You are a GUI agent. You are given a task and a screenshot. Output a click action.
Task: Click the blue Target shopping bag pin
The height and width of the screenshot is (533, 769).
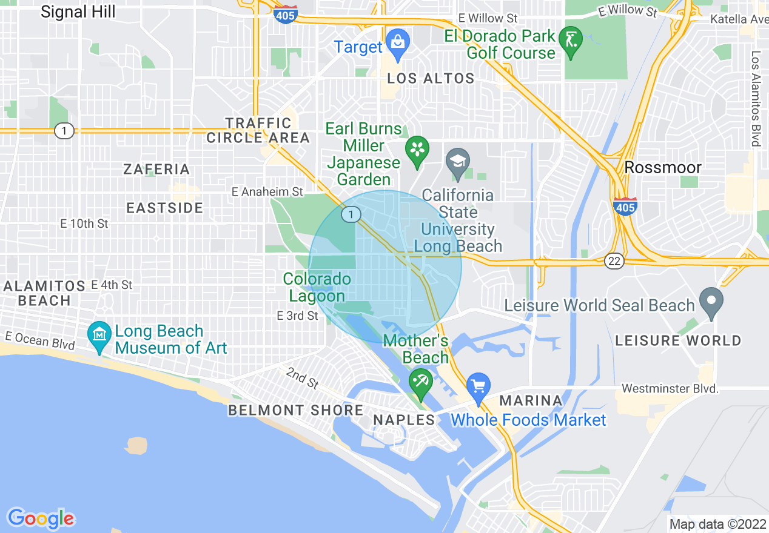[397, 43]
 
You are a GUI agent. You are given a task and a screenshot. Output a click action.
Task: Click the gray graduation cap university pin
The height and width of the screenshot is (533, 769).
[458, 162]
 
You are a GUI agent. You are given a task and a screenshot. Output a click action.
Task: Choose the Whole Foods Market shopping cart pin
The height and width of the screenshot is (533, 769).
[478, 386]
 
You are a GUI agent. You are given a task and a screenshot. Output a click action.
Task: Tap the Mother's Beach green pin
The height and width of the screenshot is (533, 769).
[420, 383]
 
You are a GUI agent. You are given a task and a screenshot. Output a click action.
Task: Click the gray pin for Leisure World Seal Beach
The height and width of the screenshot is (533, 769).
[711, 301]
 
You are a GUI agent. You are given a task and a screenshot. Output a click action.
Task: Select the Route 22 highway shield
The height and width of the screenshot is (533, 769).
[614, 260]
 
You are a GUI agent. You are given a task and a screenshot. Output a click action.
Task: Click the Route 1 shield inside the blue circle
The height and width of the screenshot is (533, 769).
[351, 214]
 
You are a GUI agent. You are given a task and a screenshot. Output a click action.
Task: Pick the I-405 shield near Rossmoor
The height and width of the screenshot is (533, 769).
[625, 207]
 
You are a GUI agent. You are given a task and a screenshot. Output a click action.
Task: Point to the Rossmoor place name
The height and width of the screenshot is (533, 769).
[663, 167]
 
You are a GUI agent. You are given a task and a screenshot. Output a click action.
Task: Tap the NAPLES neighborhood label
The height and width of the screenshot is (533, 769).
[404, 420]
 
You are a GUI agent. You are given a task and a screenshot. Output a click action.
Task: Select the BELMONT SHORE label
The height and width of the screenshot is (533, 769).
[296, 410]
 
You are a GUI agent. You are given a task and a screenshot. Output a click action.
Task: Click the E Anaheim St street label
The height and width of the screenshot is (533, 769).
[267, 192]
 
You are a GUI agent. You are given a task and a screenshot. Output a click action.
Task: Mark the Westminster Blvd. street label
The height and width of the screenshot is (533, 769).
[670, 388]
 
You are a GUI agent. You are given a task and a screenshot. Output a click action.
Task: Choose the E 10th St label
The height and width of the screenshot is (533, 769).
[84, 223]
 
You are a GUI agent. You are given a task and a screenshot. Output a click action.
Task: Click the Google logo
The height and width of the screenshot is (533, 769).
[41, 518]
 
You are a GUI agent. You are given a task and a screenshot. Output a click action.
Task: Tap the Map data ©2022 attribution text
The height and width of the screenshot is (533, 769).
[715, 524]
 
